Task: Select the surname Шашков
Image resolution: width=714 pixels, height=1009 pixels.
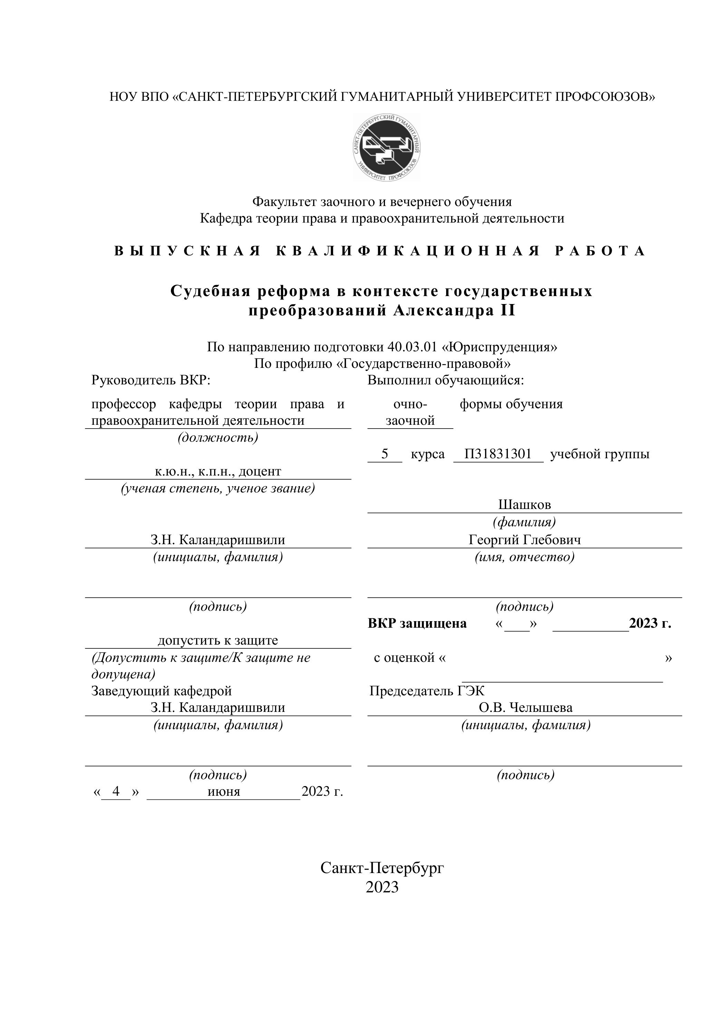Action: pyautogui.click(x=524, y=504)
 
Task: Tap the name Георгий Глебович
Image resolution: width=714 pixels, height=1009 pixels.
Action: pyautogui.click(x=524, y=540)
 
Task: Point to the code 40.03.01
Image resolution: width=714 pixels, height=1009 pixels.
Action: pyautogui.click(x=412, y=347)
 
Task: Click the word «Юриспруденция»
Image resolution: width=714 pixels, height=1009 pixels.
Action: pyautogui.click(x=500, y=347)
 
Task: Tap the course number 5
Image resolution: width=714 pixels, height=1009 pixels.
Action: pyautogui.click(x=385, y=454)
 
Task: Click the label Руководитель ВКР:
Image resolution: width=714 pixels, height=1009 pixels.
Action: pyautogui.click(x=151, y=380)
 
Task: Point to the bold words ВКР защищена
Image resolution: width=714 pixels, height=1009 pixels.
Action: pyautogui.click(x=417, y=623)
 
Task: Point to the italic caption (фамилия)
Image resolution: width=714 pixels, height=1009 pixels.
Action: pyautogui.click(x=524, y=522)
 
